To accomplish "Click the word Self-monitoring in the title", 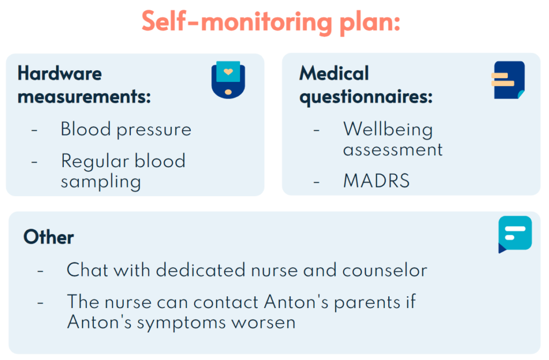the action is point(236,22).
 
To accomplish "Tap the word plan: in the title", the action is point(370,23).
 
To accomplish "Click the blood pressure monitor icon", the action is point(228,80).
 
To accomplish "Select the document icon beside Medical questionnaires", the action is point(508,80).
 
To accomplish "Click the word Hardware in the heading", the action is point(60,73).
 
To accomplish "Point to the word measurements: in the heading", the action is point(84,97).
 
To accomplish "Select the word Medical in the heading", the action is point(334,73).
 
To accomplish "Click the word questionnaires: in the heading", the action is point(366,97).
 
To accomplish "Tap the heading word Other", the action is point(49,237).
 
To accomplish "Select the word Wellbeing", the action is point(388,130).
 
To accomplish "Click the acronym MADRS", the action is point(376,181).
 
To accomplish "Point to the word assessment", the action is point(393,151).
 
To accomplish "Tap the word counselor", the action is point(385,271).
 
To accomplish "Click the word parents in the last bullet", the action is point(367,303).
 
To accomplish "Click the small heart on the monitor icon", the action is point(228,72).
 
